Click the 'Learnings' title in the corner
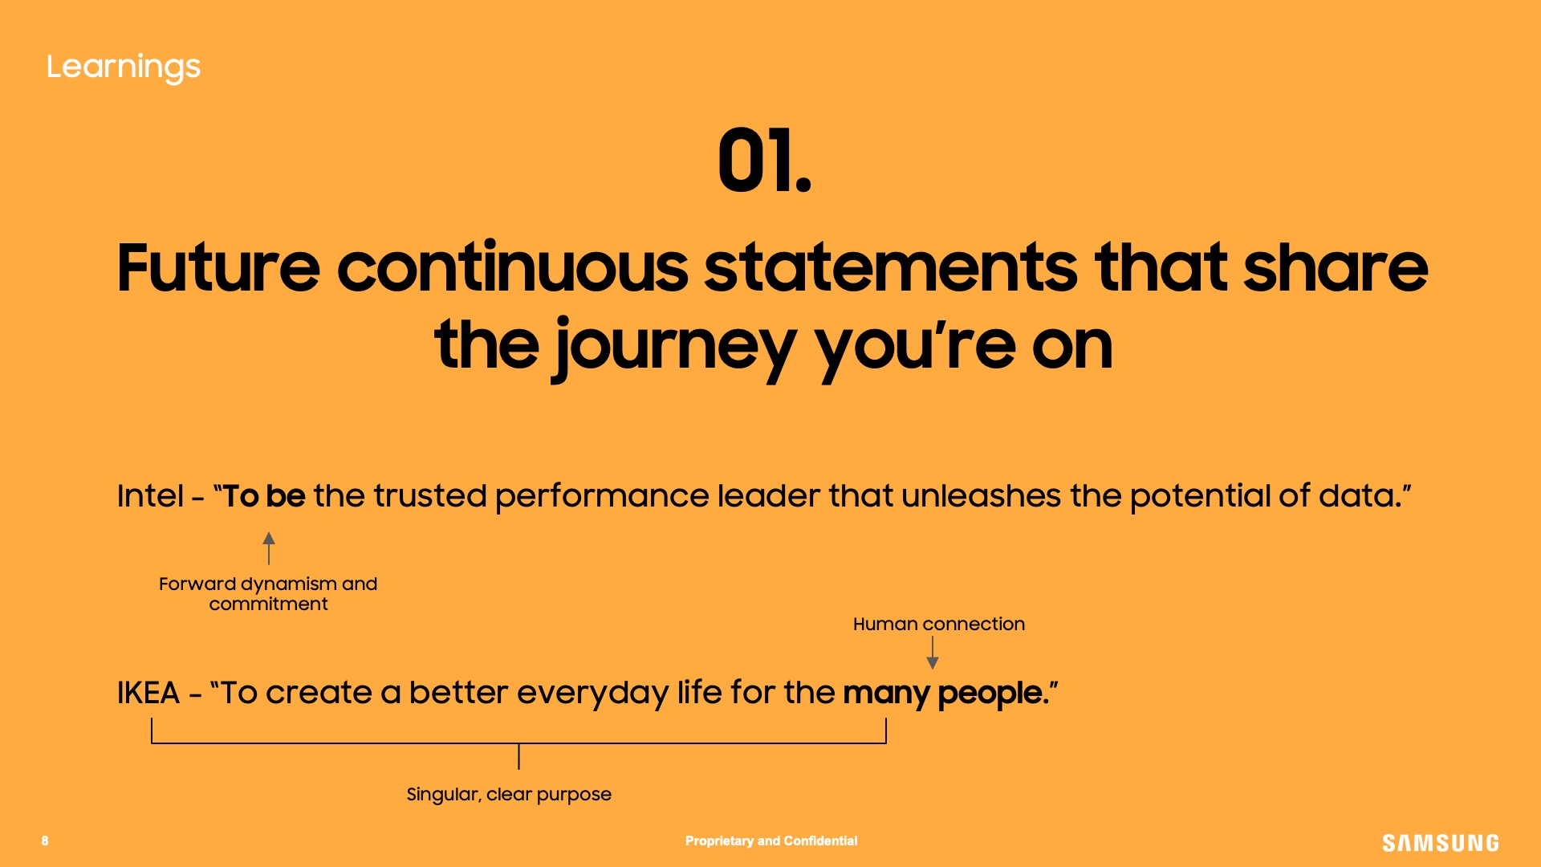[x=123, y=67]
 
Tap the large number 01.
[x=764, y=161]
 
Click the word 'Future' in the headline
[x=218, y=267]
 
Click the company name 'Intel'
[x=150, y=495]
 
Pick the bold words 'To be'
[x=264, y=495]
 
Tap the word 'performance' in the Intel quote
[x=602, y=497]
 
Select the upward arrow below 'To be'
[x=269, y=548]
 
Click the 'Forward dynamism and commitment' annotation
[x=268, y=594]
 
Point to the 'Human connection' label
[x=939, y=624]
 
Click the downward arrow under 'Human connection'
[x=933, y=653]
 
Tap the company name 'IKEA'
[x=148, y=692]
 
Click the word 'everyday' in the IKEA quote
[x=592, y=694]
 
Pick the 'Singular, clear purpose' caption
[x=509, y=795]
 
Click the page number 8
[x=45, y=841]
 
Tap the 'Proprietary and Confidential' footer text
[x=771, y=841]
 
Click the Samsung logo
[x=1441, y=843]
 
